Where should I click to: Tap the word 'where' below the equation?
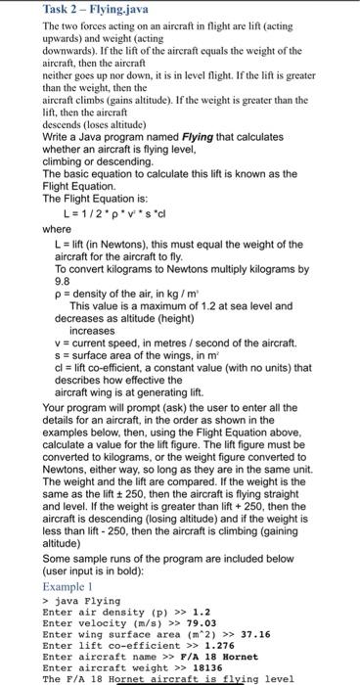(x=58, y=231)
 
